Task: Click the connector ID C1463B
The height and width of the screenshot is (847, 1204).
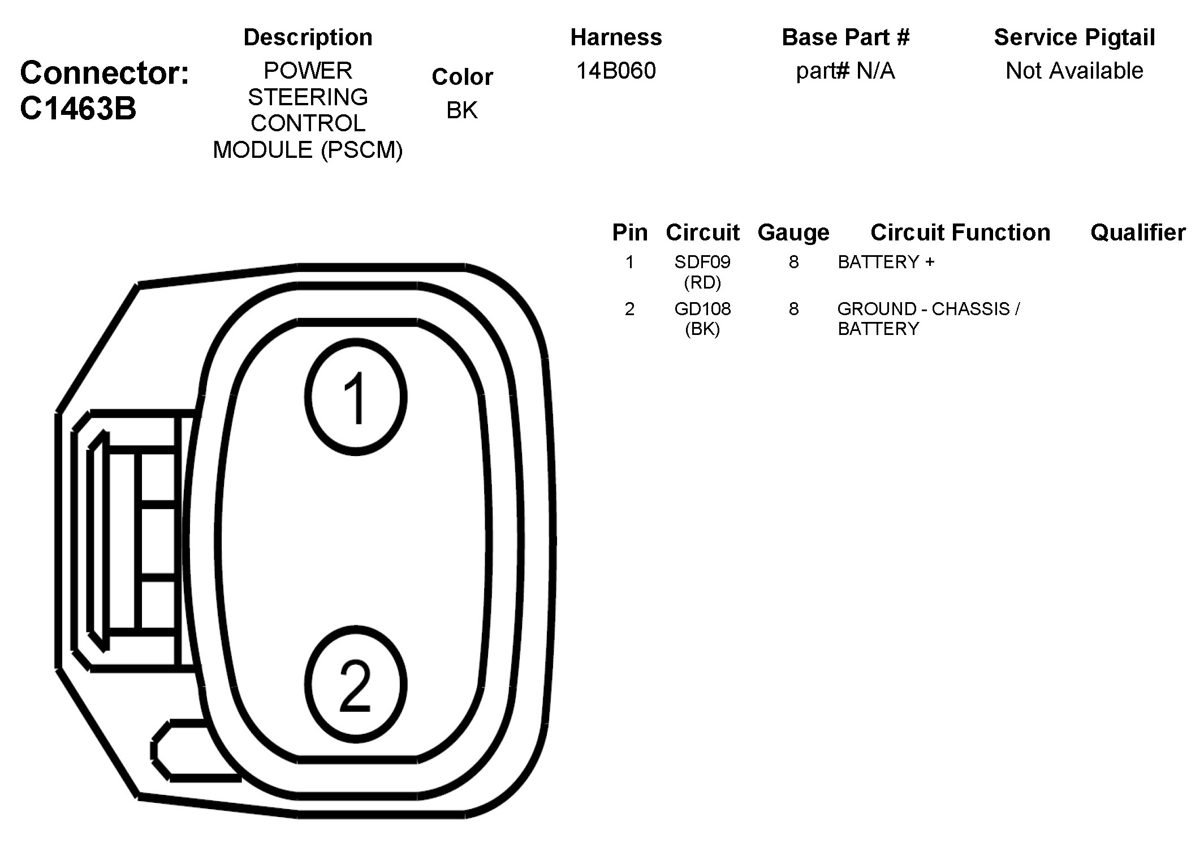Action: pyautogui.click(x=78, y=108)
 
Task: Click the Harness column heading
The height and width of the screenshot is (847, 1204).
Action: pyautogui.click(x=616, y=37)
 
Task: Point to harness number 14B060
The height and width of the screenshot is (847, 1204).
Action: pyautogui.click(x=616, y=71)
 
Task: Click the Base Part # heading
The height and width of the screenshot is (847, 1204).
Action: pyautogui.click(x=845, y=37)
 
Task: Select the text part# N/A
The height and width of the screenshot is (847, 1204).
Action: pyautogui.click(x=845, y=71)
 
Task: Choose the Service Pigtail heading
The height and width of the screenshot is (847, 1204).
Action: pyautogui.click(x=1074, y=38)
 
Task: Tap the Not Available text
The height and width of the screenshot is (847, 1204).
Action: pyautogui.click(x=1074, y=71)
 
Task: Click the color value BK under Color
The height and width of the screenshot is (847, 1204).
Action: pyautogui.click(x=462, y=110)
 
